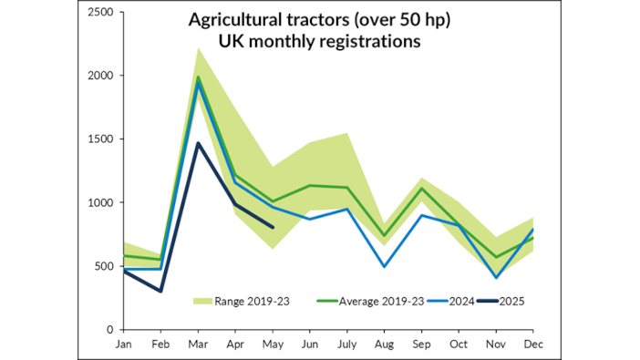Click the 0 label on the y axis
[x=109, y=330]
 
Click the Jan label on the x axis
[x=123, y=345]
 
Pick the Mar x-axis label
[x=199, y=345]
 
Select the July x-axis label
[x=346, y=345]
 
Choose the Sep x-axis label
[x=423, y=345]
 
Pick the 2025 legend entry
[x=513, y=301]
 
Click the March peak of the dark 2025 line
[x=199, y=143]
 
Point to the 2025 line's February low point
[x=160, y=291]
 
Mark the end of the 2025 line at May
[x=273, y=227]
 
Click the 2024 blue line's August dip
[x=386, y=266]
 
